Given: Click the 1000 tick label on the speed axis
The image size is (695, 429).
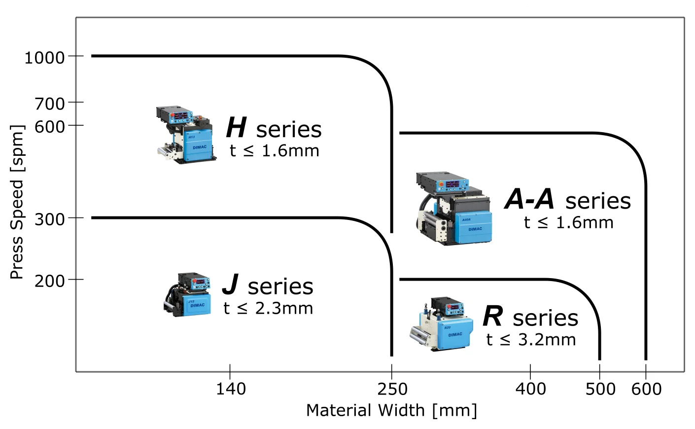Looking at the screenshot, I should [x=44, y=58].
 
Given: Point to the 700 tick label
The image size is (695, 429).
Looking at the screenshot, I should [x=50, y=104].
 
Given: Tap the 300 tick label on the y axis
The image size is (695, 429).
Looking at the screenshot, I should [x=50, y=219].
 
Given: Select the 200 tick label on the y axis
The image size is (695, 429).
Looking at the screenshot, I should [x=50, y=281].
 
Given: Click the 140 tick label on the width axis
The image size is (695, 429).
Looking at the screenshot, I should [x=231, y=389].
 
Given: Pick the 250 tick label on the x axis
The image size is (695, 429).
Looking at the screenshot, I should [x=392, y=389].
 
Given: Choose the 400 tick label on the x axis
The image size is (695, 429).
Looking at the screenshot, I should [x=530, y=389].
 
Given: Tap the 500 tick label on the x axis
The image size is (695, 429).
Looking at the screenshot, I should [x=600, y=389].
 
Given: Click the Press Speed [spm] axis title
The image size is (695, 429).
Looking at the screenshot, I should [x=17, y=202].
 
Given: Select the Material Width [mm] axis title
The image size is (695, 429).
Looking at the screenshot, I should [x=391, y=410].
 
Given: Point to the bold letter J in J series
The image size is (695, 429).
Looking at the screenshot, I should [x=231, y=285].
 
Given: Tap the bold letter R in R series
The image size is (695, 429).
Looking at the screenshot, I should [x=493, y=316].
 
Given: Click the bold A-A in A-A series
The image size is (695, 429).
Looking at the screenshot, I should [x=529, y=199].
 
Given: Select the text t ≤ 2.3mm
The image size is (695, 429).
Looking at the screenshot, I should [x=268, y=308].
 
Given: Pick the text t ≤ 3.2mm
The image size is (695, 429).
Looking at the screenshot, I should [x=531, y=340].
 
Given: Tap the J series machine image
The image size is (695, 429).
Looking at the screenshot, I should [x=188, y=294].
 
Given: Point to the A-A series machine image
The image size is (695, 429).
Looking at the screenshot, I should [x=453, y=209].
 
